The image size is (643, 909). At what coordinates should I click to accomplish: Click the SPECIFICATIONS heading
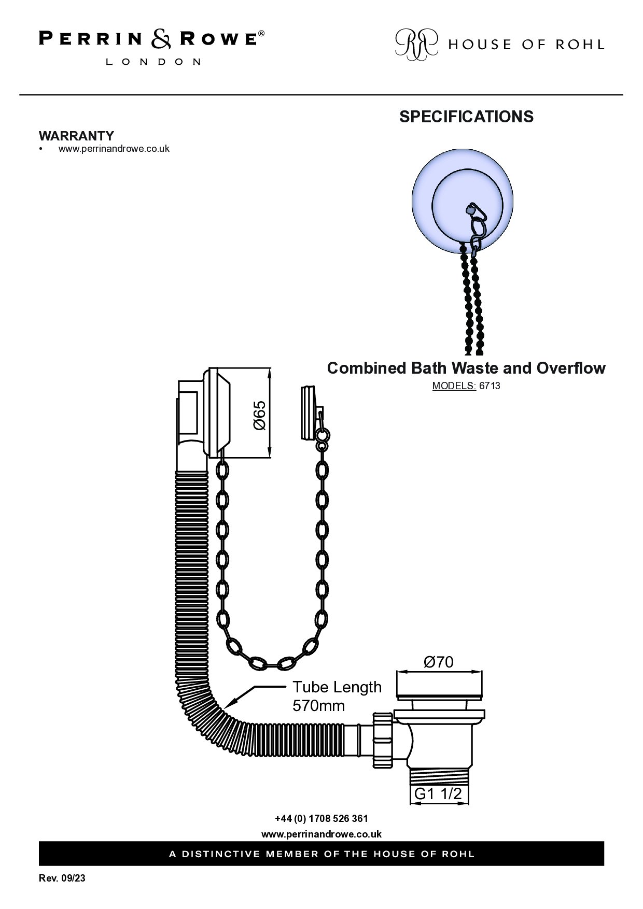point(466,117)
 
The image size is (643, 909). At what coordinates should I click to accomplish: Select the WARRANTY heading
point(76,136)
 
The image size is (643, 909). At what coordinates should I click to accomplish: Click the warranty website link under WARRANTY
point(114,149)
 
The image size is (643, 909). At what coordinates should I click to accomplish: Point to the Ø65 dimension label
point(259,415)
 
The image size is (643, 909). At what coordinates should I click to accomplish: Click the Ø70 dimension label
point(438,662)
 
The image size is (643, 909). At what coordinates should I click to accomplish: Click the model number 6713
point(490,386)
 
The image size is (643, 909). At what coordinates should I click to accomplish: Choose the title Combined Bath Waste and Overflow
point(466,368)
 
